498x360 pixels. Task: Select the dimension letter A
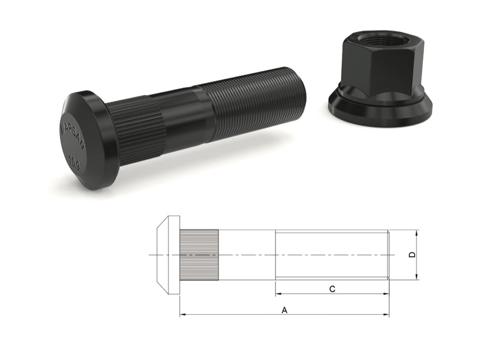pyautogui.click(x=284, y=309)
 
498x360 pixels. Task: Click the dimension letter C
pyautogui.click(x=332, y=288)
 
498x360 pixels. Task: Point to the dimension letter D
pyautogui.click(x=412, y=255)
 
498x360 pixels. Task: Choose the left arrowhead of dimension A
pyautogui.click(x=183, y=315)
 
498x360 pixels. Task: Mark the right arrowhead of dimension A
pyautogui.click(x=386, y=315)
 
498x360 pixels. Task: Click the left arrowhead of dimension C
pyautogui.click(x=279, y=294)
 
